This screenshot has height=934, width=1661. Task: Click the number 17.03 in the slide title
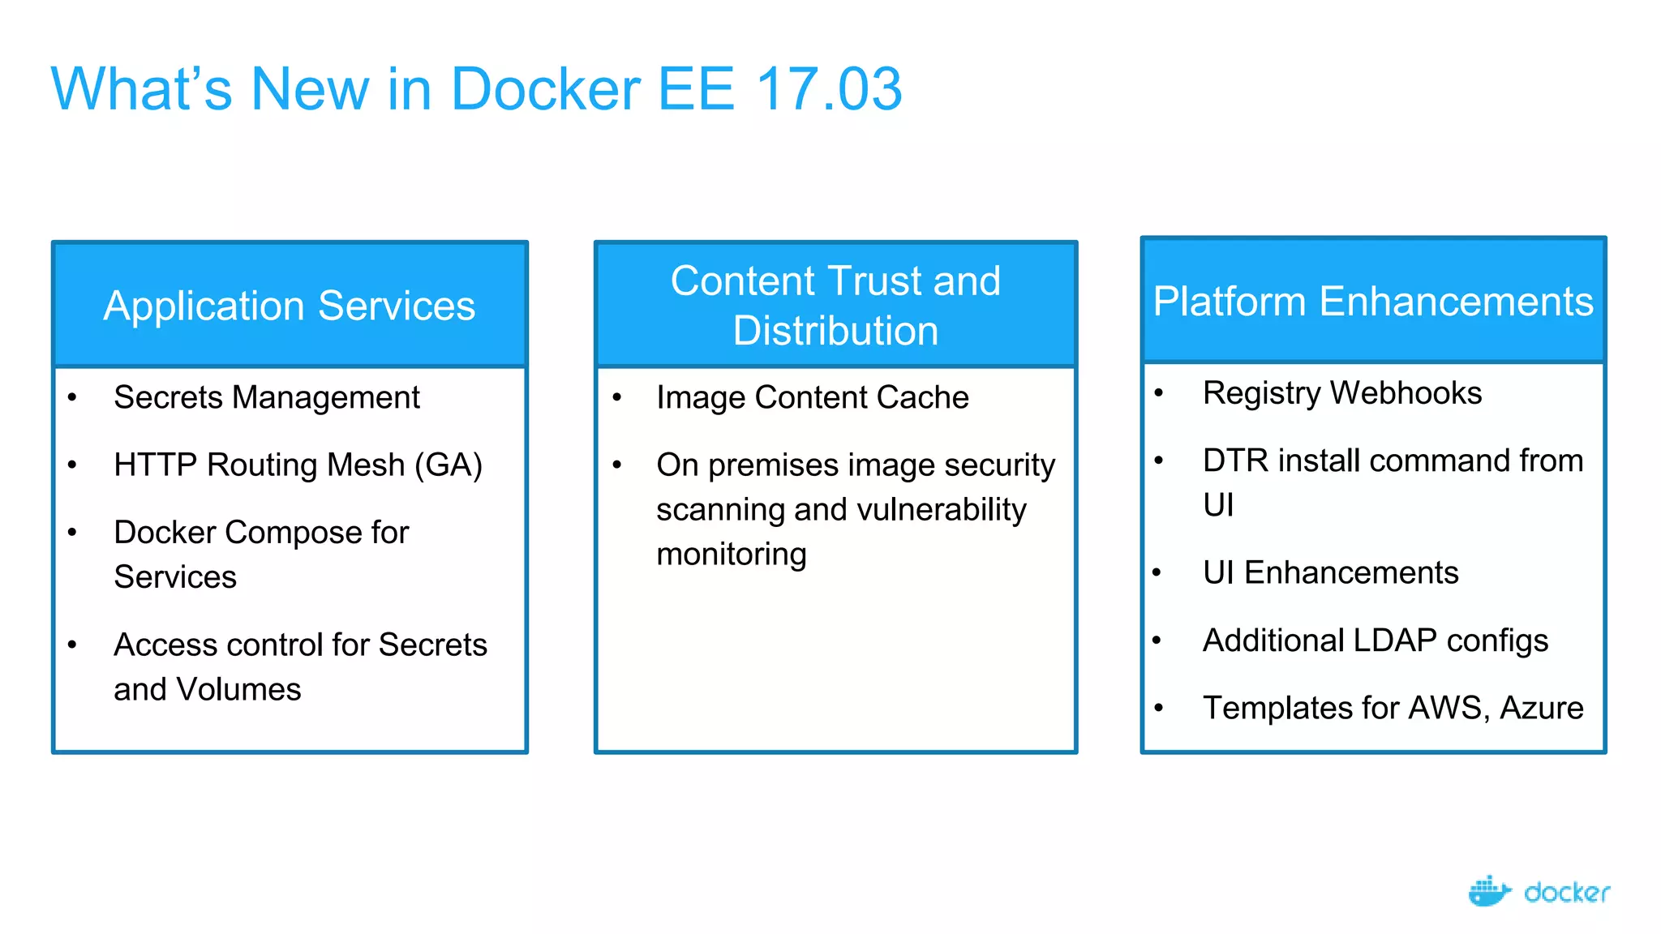coord(829,89)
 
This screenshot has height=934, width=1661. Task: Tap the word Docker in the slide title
coord(545,89)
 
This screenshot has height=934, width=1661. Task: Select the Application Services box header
coord(290,306)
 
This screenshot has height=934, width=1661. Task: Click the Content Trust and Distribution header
coord(835,306)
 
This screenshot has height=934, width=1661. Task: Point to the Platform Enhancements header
coord(1373,301)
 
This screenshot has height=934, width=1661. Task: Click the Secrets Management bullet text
coord(266,397)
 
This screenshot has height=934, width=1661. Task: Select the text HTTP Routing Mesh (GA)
coord(298,465)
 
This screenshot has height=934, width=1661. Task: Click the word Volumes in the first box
coord(238,689)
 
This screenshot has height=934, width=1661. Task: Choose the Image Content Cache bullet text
coord(812,397)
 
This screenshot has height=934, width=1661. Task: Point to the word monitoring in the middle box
coord(731,555)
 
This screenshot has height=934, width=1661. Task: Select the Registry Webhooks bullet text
coord(1341,393)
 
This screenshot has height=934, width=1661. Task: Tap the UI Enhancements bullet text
coord(1330,573)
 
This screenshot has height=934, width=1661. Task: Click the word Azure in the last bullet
coord(1541,708)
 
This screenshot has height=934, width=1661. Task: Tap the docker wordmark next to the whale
coord(1566,893)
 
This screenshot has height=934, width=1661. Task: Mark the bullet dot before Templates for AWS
coord(1158,708)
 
